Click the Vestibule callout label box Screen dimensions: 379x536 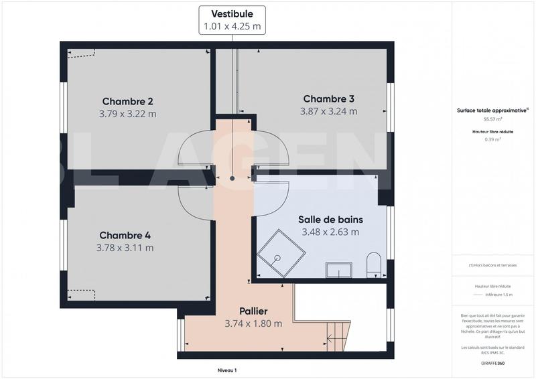(232, 20)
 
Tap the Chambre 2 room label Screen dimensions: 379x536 (127, 102)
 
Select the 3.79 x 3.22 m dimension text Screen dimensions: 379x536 (127, 114)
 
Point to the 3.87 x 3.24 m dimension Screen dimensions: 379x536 (328, 111)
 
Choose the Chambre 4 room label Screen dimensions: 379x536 (125, 235)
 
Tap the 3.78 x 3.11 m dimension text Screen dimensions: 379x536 (125, 248)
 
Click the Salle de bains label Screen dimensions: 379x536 (330, 220)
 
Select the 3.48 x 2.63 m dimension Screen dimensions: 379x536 (330, 232)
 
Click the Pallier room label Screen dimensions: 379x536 (253, 311)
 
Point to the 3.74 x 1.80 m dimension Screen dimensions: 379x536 (253, 323)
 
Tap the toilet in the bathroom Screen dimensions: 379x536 (374, 264)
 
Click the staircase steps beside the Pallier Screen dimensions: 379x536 (337, 336)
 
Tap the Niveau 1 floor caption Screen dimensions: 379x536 (227, 370)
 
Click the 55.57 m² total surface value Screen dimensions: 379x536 (492, 120)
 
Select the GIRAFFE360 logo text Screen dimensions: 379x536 (492, 363)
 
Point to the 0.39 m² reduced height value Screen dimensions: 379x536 (492, 139)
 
